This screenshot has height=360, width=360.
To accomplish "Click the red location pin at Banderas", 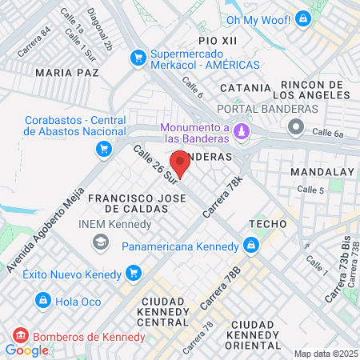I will click(180, 163).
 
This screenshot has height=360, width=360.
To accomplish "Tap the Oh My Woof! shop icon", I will click(302, 18).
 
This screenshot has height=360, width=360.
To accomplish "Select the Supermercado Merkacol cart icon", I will click(138, 57).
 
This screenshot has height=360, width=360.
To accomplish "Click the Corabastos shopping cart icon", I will click(103, 149).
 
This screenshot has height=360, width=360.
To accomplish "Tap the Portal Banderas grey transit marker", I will click(297, 126).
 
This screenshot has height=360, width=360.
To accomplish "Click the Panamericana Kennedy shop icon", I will click(251, 245).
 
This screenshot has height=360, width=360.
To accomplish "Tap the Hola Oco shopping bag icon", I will click(42, 300).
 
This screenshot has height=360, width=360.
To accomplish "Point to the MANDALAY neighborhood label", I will click(322, 172).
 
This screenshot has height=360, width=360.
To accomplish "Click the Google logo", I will click(26, 350).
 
